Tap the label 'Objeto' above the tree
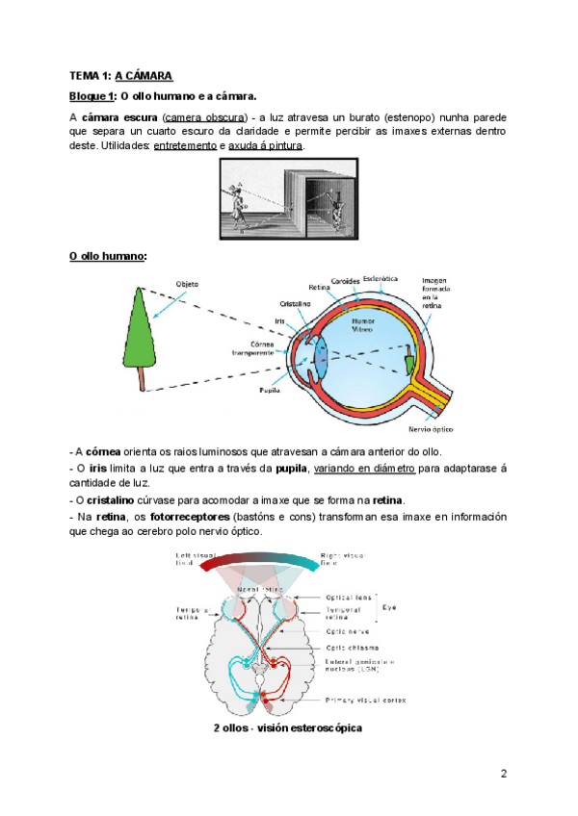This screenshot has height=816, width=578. [187, 284]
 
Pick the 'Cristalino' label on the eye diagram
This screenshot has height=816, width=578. [296, 301]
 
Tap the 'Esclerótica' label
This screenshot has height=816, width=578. [381, 278]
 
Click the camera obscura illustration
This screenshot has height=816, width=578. [289, 199]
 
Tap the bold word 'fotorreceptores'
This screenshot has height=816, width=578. [183, 517]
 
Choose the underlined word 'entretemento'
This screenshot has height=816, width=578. [185, 145]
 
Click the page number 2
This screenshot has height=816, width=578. [503, 775]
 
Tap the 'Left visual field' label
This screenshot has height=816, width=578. [189, 560]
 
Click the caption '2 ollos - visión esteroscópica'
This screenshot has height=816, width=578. [288, 728]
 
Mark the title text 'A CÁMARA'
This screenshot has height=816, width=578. [144, 75]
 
